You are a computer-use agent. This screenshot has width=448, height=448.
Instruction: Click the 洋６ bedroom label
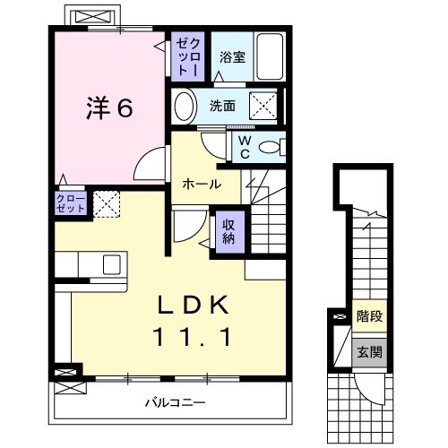(109, 108)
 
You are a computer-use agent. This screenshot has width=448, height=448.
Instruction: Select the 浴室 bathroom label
(232, 57)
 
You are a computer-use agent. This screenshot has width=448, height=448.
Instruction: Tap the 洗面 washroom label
(222, 106)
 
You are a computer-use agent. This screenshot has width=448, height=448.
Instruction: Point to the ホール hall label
(202, 183)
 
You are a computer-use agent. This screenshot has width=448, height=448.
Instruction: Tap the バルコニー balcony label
(176, 401)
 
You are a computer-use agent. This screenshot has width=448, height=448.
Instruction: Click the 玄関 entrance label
(367, 351)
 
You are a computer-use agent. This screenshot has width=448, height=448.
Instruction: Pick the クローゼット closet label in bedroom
(72, 202)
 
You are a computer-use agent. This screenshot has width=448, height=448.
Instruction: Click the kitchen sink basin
(112, 265)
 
